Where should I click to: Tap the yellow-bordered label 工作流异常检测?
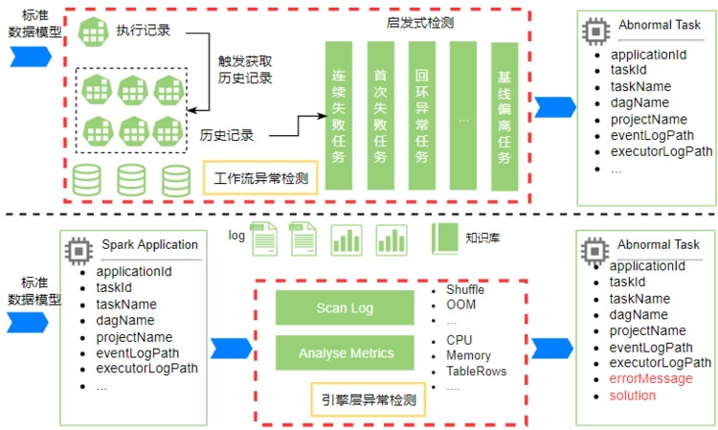point(261,178)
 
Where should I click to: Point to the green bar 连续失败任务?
point(339,115)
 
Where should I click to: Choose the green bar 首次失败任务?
point(380,115)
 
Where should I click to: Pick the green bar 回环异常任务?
point(421,115)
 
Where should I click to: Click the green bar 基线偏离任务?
point(504,115)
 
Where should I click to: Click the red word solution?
point(633,396)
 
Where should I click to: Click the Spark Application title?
point(149,245)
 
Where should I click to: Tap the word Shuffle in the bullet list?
point(465,290)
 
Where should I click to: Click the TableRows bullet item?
point(476,372)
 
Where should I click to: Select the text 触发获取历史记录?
point(245,69)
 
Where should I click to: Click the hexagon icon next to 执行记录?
point(92,31)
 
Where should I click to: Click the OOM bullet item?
point(460,306)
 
